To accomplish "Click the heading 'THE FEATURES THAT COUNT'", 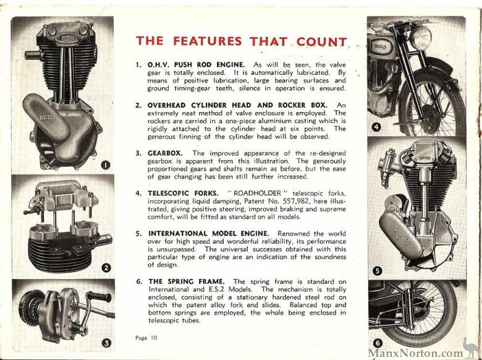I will click(241, 41).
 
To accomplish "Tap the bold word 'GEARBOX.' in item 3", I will click(167, 153).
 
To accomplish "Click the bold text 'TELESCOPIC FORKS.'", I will click(184, 193).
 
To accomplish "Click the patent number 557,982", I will click(307, 201).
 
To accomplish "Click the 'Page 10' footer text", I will click(147, 337).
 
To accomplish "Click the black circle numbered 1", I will click(105, 165).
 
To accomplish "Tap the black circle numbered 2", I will click(106, 267).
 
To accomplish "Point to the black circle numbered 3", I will click(106, 342).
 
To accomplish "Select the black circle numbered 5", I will click(378, 271).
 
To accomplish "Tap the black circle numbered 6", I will click(377, 343).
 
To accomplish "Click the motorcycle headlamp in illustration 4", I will click(421, 38).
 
